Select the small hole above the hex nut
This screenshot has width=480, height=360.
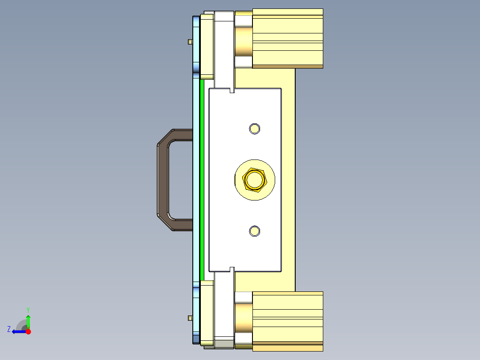255,129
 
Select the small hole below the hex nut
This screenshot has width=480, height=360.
255,231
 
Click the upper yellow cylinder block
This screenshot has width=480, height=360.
288,38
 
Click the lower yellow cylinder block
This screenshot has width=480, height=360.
288,321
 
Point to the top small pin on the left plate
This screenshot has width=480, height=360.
190,42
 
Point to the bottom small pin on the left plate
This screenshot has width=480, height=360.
190,318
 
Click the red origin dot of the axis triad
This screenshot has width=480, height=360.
28,331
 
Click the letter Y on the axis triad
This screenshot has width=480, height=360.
28,309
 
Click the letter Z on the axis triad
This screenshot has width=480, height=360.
9,329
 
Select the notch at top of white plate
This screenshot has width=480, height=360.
232,90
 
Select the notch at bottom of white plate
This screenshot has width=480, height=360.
232,270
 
